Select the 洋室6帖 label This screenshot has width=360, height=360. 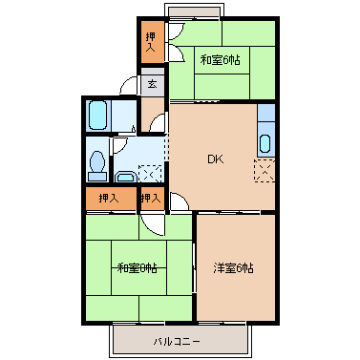[x=233, y=268]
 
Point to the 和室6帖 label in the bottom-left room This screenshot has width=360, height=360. [x=137, y=268]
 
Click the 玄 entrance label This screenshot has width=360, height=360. [x=153, y=84]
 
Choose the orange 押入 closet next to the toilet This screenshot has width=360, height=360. [x=108, y=199]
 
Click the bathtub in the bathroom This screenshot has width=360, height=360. [x=97, y=117]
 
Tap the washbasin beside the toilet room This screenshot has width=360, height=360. [x=124, y=175]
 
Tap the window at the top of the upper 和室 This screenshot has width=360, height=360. [x=195, y=12]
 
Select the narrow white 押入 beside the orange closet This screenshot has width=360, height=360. [x=150, y=199]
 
